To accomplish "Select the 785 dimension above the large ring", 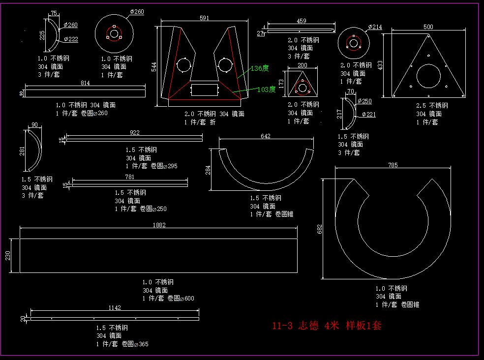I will click(392, 165).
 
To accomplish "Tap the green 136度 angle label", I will click(259, 68).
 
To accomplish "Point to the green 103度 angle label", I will click(266, 90).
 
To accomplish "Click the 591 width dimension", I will click(204, 18).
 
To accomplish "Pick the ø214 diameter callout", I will click(375, 27).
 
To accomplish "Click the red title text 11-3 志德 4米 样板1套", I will click(327, 326).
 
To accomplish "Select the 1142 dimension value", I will click(114, 307).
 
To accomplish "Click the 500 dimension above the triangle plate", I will click(428, 27).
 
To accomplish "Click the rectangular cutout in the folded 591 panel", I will click(204, 90).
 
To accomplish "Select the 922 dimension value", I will click(134, 132).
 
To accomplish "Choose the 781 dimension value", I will click(129, 177).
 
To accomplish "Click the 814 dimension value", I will click(85, 83).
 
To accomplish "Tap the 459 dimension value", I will click(301, 21).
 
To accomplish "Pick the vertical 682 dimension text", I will click(319, 229).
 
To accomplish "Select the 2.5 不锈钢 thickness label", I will click(432, 105).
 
